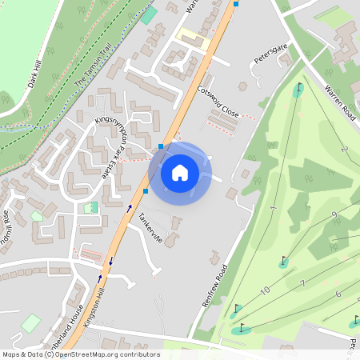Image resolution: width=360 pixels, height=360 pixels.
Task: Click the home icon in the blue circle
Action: point(180,173)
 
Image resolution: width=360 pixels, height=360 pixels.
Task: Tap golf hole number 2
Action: point(345,150)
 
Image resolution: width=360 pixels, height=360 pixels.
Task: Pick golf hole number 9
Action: point(334,215)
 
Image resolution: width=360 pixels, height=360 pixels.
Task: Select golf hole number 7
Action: point(302,284)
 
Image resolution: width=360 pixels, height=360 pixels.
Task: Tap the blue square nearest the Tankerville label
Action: point(146,191)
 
